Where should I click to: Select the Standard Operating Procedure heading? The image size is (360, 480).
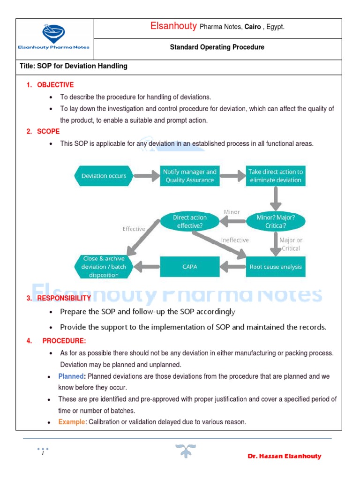217,47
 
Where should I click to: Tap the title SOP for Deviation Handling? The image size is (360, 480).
74,66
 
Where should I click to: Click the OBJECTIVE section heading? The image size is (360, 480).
55,85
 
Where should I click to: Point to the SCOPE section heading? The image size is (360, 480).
48,131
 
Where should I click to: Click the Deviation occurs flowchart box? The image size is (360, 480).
104,176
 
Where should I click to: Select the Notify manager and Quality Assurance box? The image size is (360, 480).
189,176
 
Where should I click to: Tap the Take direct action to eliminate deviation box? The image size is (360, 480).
276,176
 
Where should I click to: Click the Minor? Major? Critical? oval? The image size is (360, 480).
276,222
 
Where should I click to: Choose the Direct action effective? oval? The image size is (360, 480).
189,222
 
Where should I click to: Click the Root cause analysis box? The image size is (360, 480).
276,267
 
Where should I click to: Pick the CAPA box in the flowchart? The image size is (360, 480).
189,267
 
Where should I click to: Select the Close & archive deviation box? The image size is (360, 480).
104,267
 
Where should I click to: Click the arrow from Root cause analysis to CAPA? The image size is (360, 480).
232,267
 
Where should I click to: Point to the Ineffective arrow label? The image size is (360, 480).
235,240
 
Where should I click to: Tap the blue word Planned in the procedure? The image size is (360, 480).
71,376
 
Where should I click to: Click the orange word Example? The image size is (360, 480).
72,422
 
